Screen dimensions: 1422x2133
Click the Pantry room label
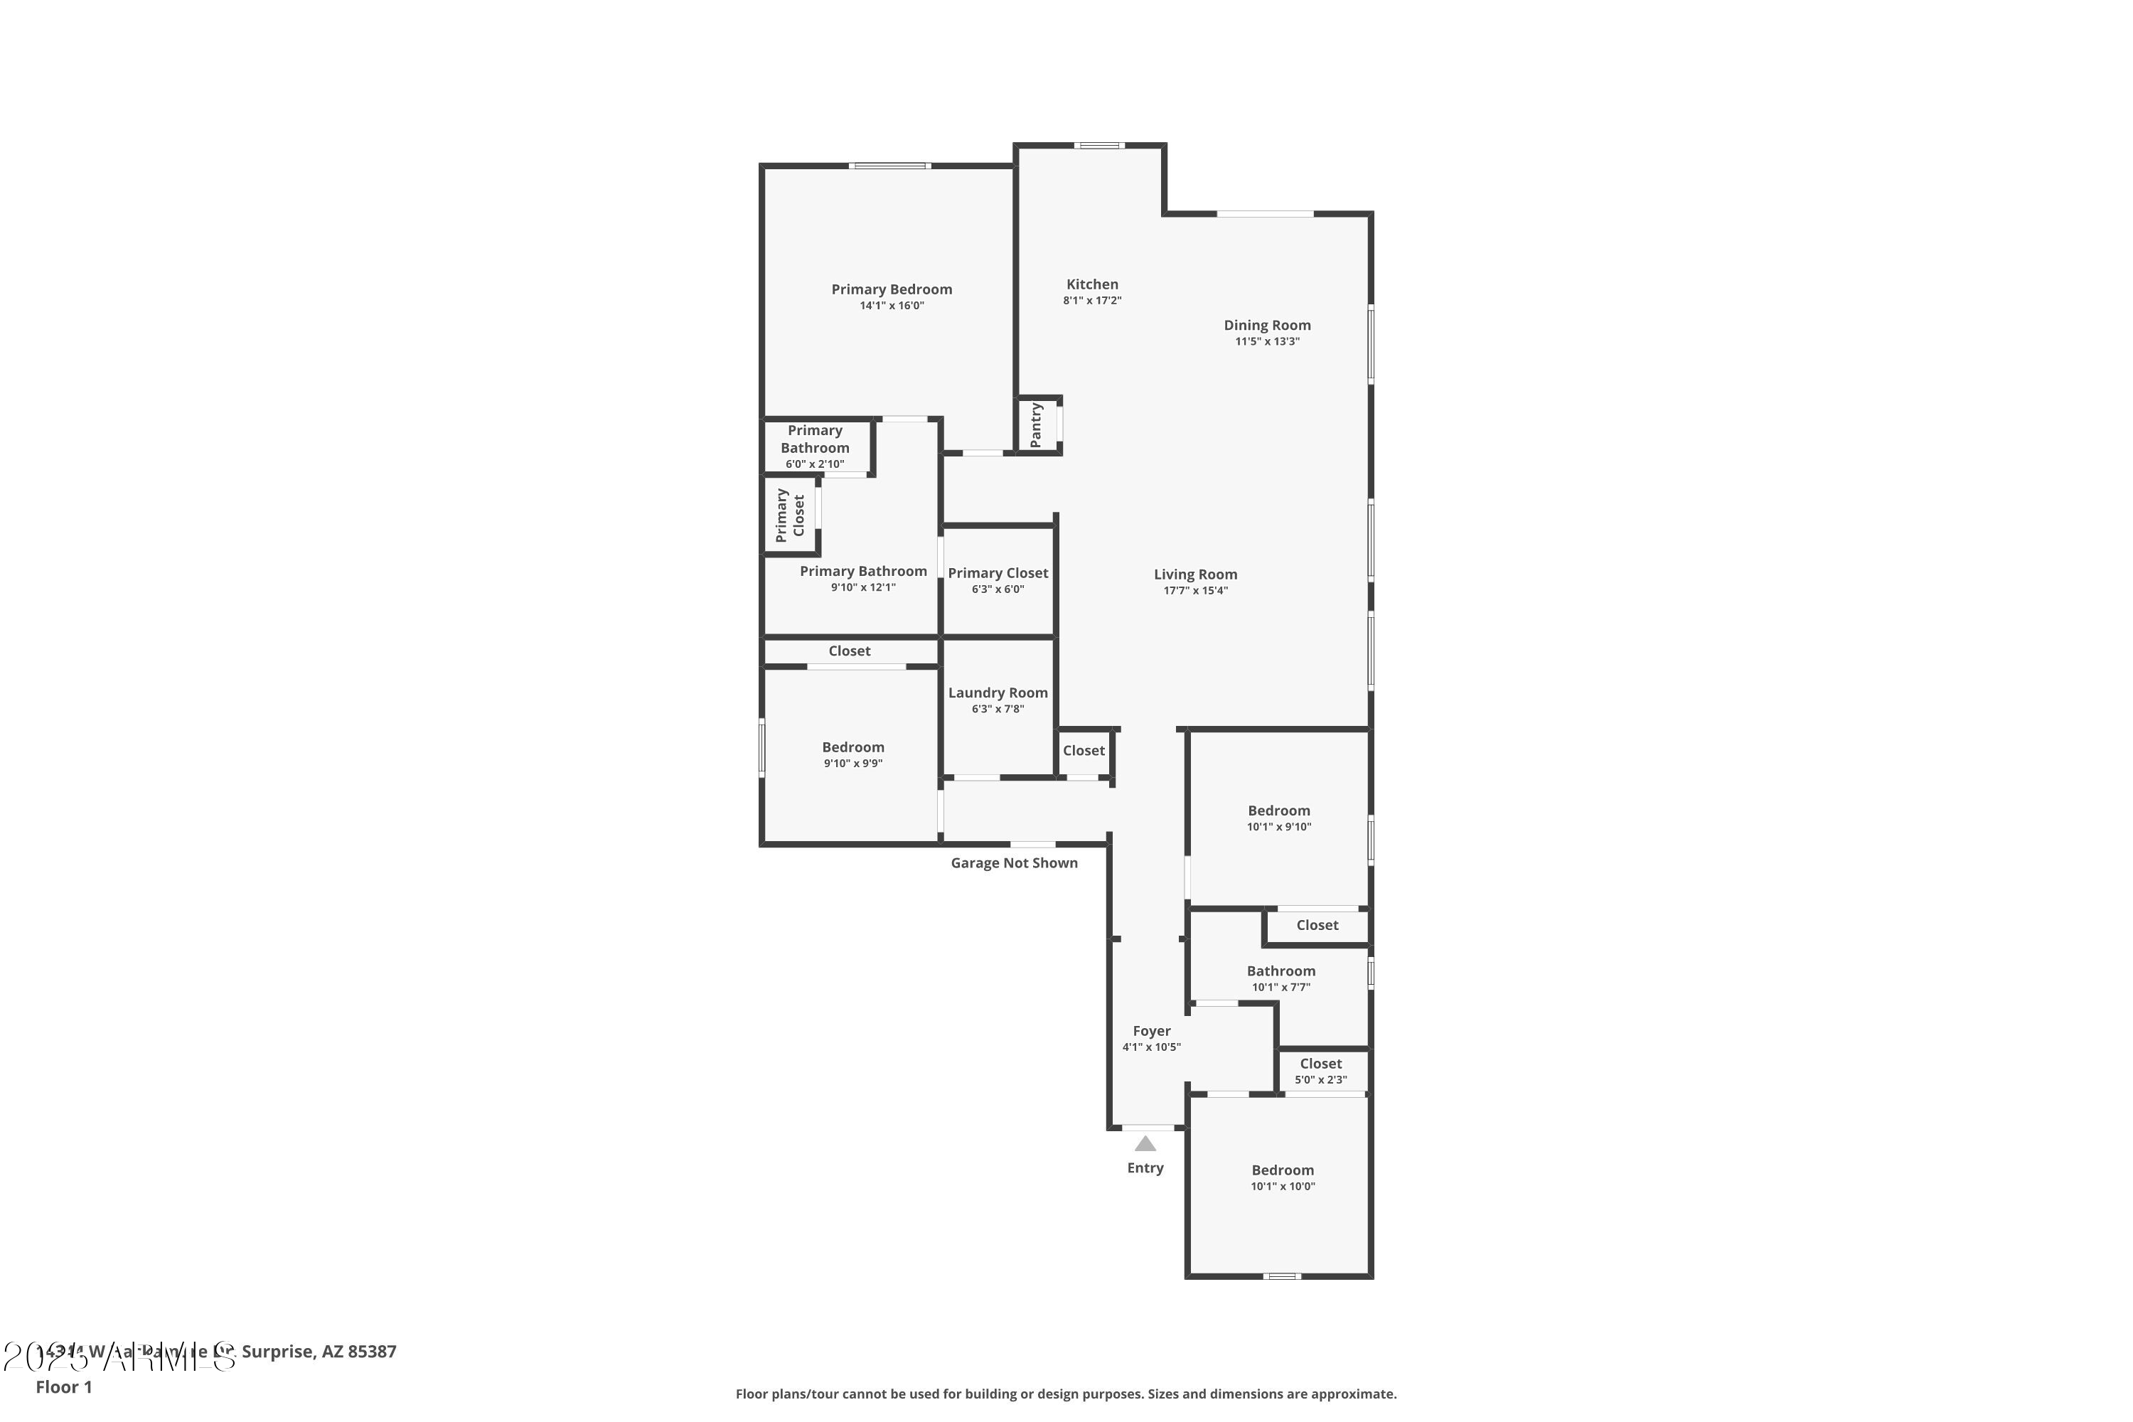click(1036, 425)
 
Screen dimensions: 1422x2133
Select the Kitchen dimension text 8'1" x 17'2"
click(1092, 300)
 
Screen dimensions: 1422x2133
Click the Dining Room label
click(1267, 325)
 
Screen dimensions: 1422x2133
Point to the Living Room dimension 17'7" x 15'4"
click(1195, 590)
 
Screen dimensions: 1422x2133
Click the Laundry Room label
click(998, 693)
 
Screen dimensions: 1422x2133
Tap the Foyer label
click(1152, 1031)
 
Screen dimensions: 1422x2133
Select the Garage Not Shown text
click(1014, 863)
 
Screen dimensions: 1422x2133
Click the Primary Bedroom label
click(892, 289)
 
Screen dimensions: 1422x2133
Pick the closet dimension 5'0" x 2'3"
click(1320, 1080)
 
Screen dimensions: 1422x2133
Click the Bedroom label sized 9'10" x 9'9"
click(852, 747)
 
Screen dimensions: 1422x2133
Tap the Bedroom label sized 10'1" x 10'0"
click(1283, 1170)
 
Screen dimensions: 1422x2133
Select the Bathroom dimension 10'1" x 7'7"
click(1281, 987)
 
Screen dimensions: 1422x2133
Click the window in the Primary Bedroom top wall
click(889, 166)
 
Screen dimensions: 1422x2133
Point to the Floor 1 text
click(63, 1386)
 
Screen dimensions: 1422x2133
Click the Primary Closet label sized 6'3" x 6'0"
click(998, 573)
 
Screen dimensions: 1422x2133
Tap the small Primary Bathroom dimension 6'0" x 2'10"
click(814, 464)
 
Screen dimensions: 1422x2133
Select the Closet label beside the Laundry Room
click(1084, 751)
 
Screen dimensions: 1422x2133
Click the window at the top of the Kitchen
click(1099, 145)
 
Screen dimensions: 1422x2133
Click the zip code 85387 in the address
click(372, 1352)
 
